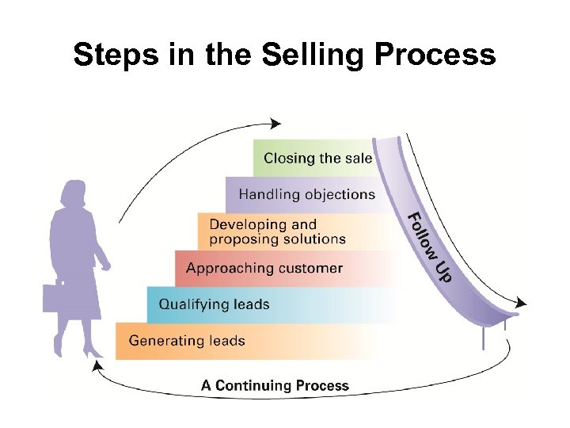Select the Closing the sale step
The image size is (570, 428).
[317, 158]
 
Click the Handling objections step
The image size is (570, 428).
[306, 194]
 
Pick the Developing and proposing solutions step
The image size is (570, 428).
[277, 231]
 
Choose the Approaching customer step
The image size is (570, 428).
[264, 268]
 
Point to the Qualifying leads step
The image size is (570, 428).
[215, 304]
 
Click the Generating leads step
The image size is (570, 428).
[187, 341]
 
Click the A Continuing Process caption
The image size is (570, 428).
[275, 386]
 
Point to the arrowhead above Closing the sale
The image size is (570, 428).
[274, 123]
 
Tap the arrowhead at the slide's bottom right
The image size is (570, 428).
[519, 302]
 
